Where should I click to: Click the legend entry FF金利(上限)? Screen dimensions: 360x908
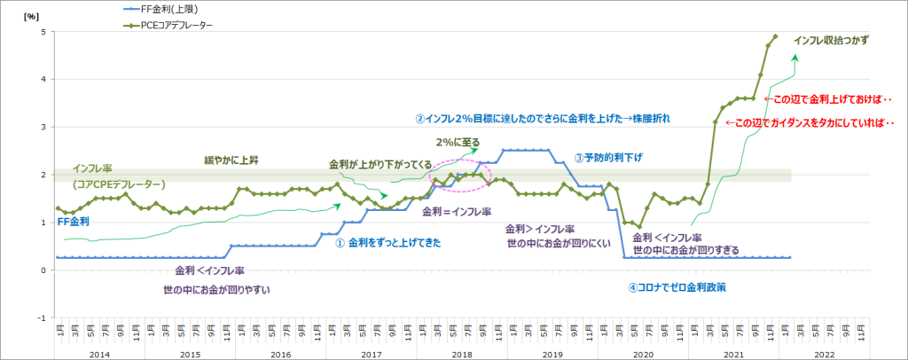(x=169, y=9)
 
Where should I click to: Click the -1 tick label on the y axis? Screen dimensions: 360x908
(x=40, y=317)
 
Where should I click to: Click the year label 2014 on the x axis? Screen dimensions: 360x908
(x=99, y=353)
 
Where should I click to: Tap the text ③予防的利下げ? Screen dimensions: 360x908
(x=607, y=157)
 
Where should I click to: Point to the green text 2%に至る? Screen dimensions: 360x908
(x=459, y=141)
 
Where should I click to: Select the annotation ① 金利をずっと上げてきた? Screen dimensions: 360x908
(x=388, y=242)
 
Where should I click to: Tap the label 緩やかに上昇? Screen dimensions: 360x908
(x=233, y=160)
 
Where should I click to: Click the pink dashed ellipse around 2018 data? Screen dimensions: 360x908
(x=457, y=174)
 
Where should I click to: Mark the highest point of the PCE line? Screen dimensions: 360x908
(x=776, y=36)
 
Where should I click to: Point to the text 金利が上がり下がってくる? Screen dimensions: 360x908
(x=380, y=165)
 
